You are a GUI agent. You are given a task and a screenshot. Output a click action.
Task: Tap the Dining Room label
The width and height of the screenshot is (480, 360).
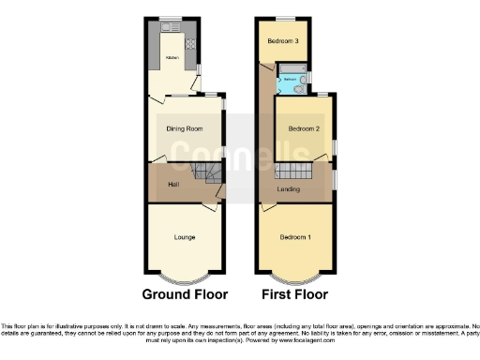185,129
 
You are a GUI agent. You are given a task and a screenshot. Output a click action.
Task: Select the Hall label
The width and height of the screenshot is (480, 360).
173,184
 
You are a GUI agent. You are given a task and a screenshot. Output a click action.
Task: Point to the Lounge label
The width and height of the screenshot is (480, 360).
185,237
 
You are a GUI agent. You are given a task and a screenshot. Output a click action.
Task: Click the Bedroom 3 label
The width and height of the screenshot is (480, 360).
283,41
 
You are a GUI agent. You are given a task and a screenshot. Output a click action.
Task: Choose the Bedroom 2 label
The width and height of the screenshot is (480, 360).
305,128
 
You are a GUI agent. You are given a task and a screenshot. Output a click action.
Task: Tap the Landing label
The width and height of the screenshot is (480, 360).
289,189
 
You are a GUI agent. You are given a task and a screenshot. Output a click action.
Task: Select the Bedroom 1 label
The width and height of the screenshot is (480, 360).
295,237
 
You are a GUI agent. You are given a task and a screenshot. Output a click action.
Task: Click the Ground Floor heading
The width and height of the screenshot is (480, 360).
185,293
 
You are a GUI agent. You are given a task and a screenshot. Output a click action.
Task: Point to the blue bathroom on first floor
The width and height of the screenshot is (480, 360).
292,80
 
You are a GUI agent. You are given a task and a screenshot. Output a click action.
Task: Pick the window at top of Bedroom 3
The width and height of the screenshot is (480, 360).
283,19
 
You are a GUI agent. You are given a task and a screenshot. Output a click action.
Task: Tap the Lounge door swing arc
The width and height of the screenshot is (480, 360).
211,202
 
